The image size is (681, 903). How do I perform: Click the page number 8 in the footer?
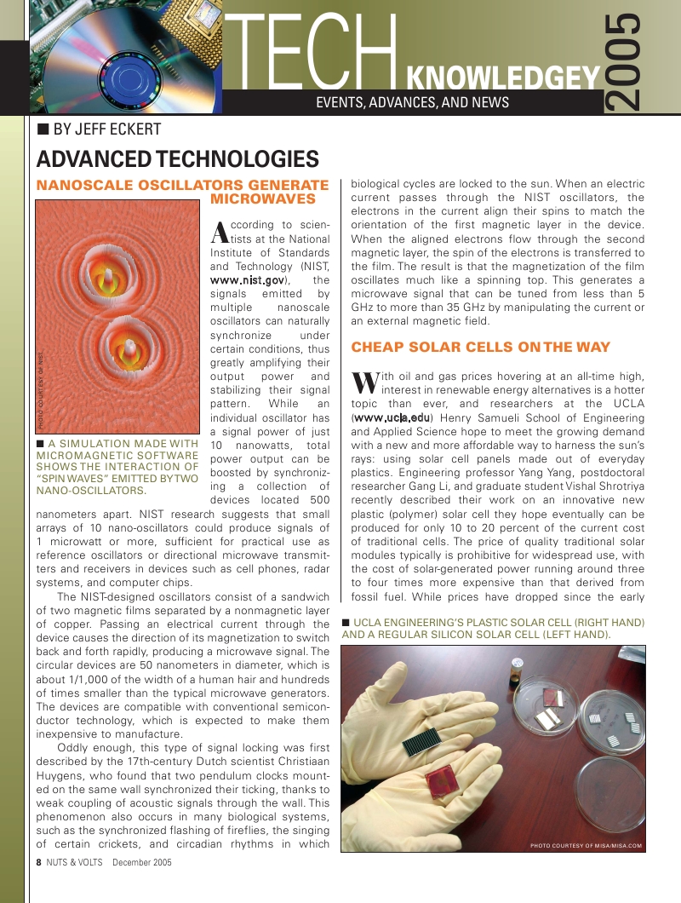click(x=39, y=862)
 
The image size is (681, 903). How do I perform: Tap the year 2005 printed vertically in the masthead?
click(x=624, y=61)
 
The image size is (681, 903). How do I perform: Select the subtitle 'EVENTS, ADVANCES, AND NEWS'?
click(x=412, y=103)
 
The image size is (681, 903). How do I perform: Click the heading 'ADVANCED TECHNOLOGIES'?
click(x=177, y=159)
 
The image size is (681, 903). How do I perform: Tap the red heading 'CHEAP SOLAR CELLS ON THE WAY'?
click(x=480, y=347)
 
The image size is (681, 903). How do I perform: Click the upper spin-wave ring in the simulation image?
click(x=111, y=279)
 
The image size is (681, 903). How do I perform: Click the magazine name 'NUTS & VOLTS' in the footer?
click(x=75, y=862)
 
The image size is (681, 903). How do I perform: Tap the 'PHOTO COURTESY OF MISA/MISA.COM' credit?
click(x=585, y=845)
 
